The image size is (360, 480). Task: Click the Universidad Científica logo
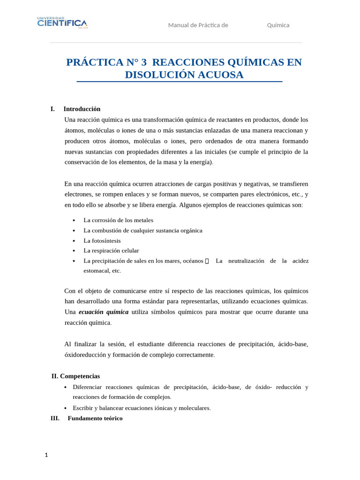[x=62, y=22]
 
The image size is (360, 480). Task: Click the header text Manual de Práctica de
[x=198, y=25]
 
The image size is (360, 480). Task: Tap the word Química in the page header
[x=278, y=25]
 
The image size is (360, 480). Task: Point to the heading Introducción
[x=82, y=109]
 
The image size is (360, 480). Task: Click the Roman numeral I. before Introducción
[x=52, y=109]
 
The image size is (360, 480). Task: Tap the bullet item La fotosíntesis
[x=102, y=240]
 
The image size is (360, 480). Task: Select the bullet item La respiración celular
[x=111, y=251]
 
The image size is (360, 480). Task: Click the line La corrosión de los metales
[x=118, y=220]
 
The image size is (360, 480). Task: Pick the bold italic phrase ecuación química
[x=103, y=312]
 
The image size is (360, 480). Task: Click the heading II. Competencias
[x=75, y=376]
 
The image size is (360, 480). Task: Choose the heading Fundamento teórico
[x=95, y=418]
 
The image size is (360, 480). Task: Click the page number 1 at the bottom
[x=46, y=455]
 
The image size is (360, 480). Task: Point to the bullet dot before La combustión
[x=74, y=231]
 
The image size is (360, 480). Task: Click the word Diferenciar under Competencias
[x=87, y=387]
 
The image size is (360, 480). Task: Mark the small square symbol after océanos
[x=207, y=261]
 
